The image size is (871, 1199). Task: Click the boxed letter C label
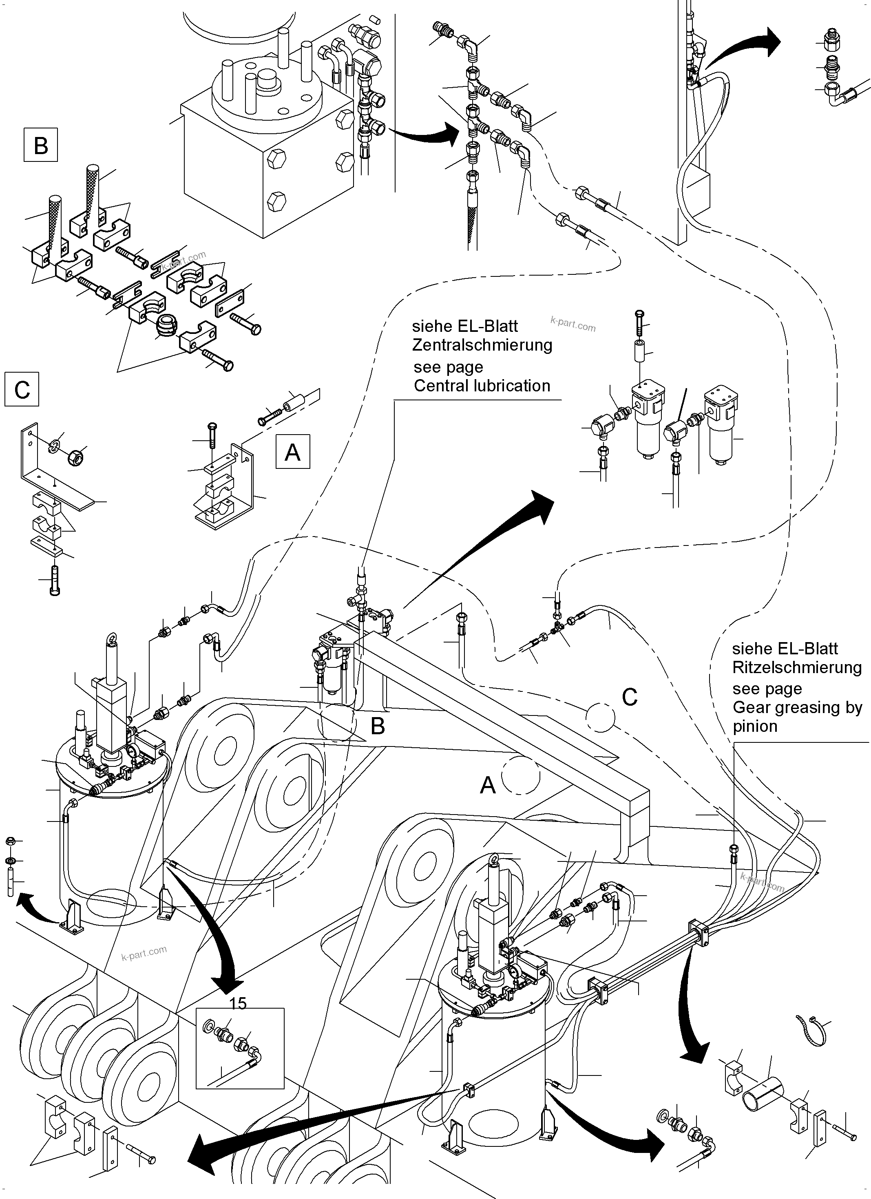coord(22,390)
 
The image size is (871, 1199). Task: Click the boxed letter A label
coord(292,452)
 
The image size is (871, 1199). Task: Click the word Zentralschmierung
coord(482,344)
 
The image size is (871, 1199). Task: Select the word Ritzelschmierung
coord(796,667)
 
